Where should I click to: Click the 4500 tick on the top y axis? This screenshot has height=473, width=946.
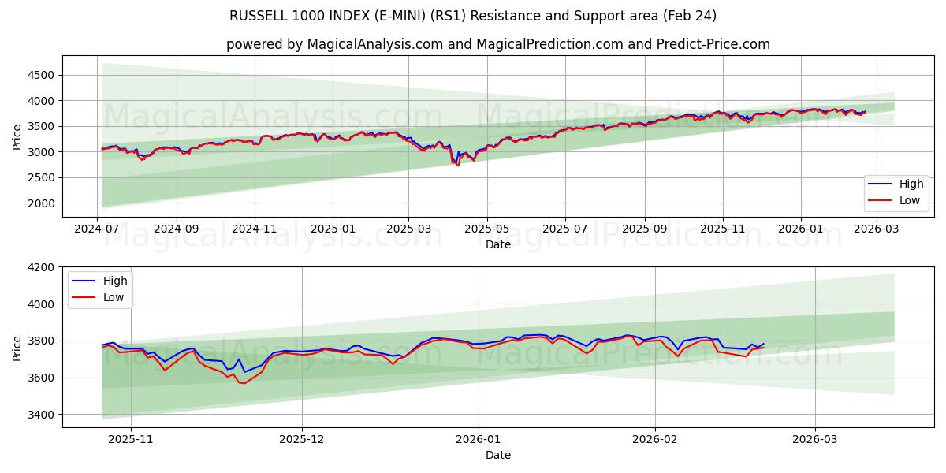[40, 75]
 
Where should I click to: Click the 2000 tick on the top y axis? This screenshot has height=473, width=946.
[40, 203]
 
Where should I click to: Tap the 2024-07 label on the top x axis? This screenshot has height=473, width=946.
[97, 229]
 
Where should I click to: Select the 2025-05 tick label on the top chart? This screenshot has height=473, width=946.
[486, 229]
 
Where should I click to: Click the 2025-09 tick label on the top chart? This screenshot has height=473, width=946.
[645, 229]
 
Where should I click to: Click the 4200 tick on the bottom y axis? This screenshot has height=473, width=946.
[40, 267]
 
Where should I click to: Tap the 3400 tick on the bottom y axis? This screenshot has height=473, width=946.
[40, 415]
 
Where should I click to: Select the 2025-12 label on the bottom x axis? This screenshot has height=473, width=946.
[302, 439]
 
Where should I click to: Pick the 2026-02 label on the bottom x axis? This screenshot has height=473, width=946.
[656, 439]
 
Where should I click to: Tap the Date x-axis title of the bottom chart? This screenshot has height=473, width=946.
[497, 455]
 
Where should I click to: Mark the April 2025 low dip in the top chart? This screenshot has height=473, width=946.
[457, 165]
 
